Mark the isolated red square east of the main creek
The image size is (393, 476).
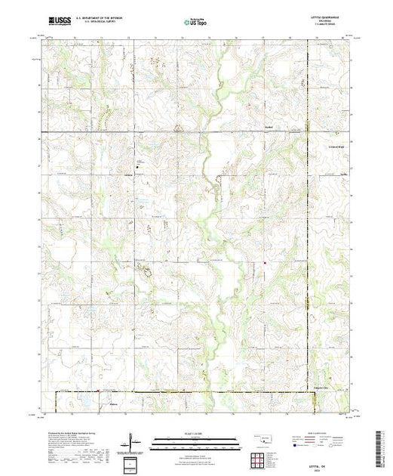tap(266, 264)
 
